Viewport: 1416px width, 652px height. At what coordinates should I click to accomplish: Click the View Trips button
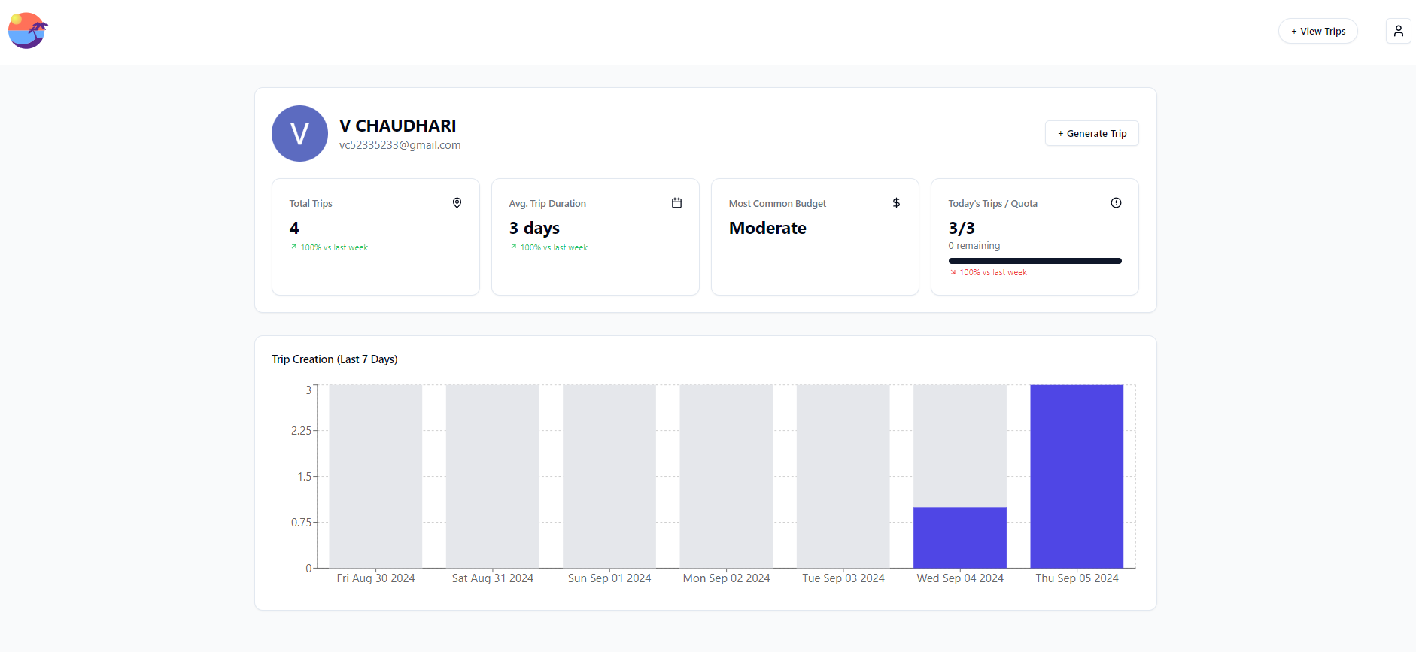coord(1317,32)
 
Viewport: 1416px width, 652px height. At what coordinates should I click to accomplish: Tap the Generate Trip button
coord(1091,134)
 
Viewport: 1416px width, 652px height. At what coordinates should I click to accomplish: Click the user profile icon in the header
coord(1398,31)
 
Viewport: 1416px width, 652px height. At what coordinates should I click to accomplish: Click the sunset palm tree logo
coord(28,31)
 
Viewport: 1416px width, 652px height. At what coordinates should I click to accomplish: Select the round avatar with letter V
coord(299,134)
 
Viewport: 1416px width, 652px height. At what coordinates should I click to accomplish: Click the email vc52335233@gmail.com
coord(400,145)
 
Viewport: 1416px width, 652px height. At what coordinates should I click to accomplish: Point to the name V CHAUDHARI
coord(397,126)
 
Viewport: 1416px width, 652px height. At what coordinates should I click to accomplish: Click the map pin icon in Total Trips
coord(457,203)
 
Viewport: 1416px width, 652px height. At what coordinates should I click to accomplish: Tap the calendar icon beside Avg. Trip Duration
coord(676,203)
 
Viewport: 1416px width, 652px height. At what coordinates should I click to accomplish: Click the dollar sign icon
coord(896,203)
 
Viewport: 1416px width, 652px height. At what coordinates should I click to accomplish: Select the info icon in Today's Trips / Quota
coord(1116,203)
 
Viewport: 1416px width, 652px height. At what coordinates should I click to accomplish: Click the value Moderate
coord(767,228)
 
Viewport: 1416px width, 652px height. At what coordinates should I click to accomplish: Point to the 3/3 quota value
coord(962,228)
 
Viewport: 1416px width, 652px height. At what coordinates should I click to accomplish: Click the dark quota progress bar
coord(1035,261)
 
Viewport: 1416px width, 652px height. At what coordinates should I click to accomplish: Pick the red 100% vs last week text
coord(992,273)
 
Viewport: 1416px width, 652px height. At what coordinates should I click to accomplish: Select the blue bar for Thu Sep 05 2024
coord(1077,476)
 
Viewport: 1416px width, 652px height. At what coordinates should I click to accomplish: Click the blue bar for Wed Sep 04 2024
coord(960,537)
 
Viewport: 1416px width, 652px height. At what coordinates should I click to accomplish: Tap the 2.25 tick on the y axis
coord(301,431)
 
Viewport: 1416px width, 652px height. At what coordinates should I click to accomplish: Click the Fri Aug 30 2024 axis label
coord(375,578)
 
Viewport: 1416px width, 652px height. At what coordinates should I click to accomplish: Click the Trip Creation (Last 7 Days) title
coord(335,359)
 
